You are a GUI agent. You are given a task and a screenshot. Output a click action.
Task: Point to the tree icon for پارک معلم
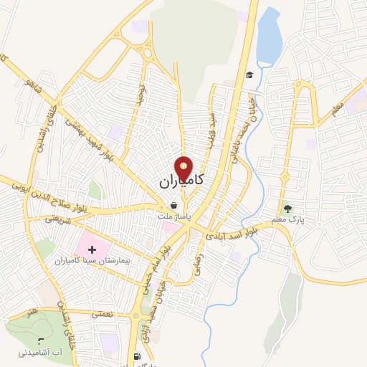288,209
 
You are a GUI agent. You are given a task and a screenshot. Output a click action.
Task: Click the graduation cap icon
249,75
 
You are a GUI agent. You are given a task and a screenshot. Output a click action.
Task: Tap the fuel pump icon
137,356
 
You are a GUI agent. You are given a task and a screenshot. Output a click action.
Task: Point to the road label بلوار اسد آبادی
234,232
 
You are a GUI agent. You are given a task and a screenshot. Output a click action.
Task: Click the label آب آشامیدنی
40,353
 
